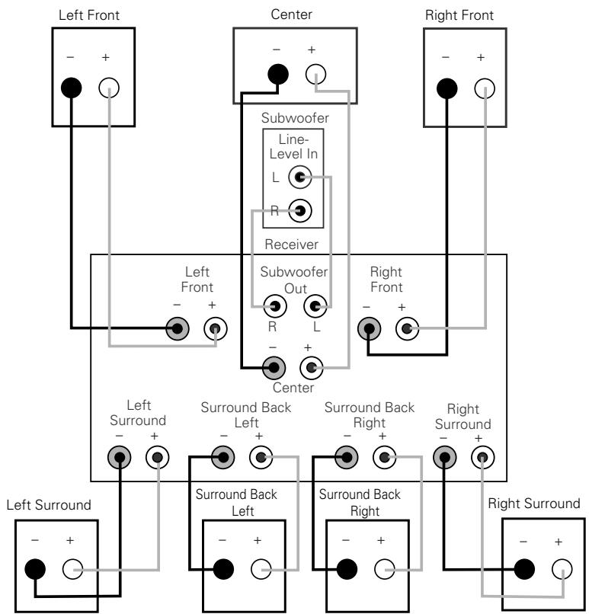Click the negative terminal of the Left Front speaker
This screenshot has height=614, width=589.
tap(71, 88)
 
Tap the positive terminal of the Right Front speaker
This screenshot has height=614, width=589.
tap(482, 88)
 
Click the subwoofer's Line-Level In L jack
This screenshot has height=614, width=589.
tap(299, 179)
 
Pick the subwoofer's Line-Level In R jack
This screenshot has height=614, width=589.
tap(299, 210)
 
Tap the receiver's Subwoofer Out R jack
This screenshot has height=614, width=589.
tap(273, 306)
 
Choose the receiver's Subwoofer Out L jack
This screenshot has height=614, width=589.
tap(314, 306)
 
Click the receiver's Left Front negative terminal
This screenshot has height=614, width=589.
tap(180, 329)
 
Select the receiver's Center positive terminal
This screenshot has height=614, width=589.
tap(311, 369)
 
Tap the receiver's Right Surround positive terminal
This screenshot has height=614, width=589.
tap(481, 458)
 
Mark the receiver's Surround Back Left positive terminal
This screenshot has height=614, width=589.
tap(261, 458)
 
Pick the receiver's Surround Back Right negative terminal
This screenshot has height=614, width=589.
tap(347, 458)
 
